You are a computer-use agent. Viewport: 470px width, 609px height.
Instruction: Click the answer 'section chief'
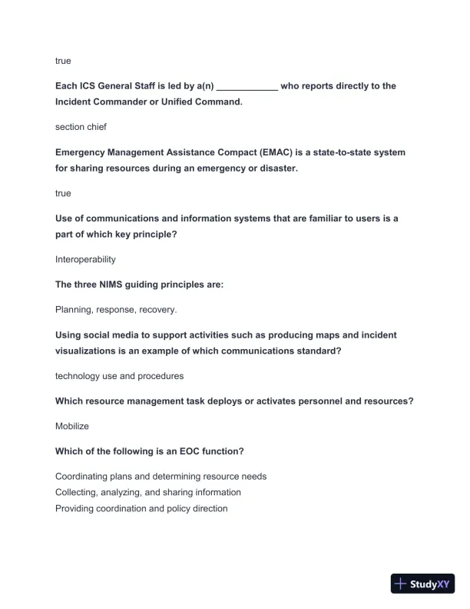81,127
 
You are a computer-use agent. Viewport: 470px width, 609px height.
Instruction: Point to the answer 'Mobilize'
72,425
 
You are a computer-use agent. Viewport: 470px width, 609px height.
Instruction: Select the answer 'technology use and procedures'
119,376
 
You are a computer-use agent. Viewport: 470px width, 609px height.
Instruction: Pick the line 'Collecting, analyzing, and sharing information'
148,492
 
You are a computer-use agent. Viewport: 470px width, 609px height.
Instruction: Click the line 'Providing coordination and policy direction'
141,508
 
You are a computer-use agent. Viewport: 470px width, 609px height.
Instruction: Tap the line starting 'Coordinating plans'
161,477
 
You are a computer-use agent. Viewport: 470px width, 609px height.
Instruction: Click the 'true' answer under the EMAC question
63,194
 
